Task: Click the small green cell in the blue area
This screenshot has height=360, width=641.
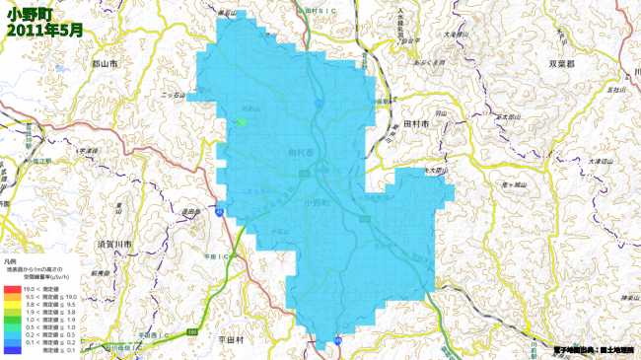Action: coord(240,121)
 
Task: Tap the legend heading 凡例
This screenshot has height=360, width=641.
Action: coord(10,261)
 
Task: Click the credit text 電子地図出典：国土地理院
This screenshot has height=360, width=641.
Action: coord(596,349)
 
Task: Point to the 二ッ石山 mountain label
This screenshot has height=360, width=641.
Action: coord(174,96)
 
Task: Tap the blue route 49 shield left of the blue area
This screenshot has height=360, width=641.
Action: coord(223,212)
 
